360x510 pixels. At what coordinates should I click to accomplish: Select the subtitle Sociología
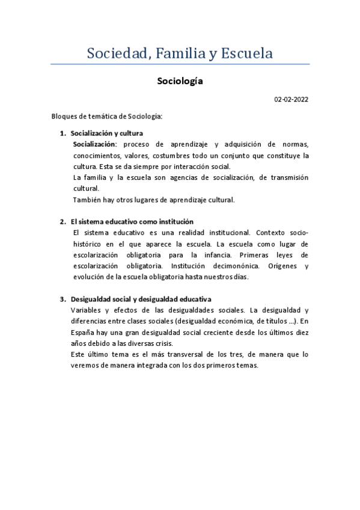(180, 81)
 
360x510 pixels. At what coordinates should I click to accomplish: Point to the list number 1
(63, 134)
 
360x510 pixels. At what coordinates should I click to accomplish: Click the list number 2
(63, 222)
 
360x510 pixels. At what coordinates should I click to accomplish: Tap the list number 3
(63, 300)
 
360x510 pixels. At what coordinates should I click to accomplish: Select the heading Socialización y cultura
(106, 134)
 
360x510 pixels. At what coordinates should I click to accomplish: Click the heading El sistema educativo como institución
(132, 222)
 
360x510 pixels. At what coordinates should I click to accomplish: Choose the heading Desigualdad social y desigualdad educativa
(141, 300)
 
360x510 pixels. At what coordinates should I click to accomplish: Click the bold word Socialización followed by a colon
(96, 144)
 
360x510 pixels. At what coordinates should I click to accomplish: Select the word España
(83, 332)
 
